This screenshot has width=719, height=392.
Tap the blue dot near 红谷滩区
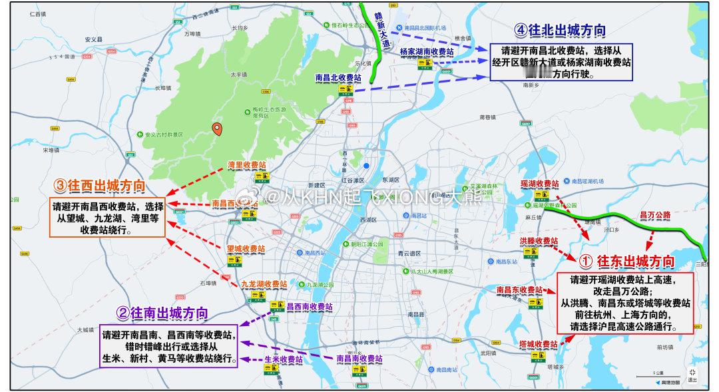pos(366,166)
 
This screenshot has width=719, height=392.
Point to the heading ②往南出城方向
pos(162,312)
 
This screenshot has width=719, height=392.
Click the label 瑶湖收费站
pos(539,183)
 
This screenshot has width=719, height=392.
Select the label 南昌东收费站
pos(520,290)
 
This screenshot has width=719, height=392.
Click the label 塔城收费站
pos(538,343)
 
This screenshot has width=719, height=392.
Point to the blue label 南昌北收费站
pos(338,78)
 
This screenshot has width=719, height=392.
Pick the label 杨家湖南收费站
pos(426,51)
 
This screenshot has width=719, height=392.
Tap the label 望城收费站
pos(246,248)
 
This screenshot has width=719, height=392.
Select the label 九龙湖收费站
pos(264,284)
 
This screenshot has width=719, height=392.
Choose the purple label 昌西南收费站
pos(309,307)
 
